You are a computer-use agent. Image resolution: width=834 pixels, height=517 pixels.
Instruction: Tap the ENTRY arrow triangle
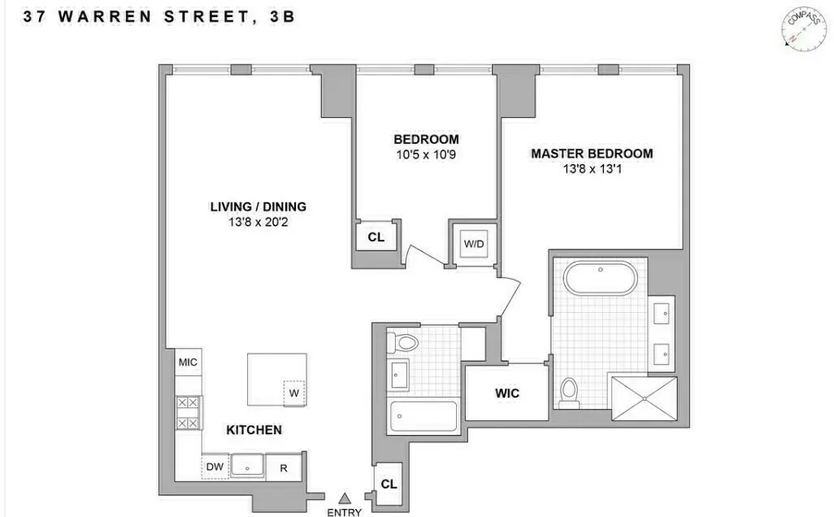pyautogui.click(x=345, y=497)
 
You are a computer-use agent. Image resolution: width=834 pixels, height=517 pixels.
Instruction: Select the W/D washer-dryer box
pyautogui.click(x=473, y=244)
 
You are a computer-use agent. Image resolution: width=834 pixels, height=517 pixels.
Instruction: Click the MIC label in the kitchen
pyautogui.click(x=188, y=363)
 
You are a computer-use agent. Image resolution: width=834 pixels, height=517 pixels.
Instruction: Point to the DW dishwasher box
pyautogui.click(x=215, y=467)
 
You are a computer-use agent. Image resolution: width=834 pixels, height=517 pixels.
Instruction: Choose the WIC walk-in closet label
pyautogui.click(x=507, y=393)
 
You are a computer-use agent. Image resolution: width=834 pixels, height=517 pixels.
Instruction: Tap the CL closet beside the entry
pyautogui.click(x=389, y=484)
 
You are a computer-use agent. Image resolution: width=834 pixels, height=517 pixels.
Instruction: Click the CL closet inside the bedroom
pyautogui.click(x=376, y=237)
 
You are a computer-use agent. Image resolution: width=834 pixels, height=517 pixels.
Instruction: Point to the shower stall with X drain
pyautogui.click(x=643, y=398)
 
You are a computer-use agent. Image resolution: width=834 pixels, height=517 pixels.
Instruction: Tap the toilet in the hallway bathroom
pyautogui.click(x=402, y=342)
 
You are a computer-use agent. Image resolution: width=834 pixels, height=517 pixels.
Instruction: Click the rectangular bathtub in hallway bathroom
pyautogui.click(x=423, y=415)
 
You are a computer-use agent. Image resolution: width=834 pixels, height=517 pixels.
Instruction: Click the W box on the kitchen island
pyautogui.click(x=293, y=393)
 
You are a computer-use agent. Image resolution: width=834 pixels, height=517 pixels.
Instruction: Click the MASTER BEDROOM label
pyautogui.click(x=592, y=154)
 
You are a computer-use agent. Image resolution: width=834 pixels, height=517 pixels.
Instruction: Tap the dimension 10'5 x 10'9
pyautogui.click(x=426, y=154)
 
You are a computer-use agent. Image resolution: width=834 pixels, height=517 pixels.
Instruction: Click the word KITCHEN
pyautogui.click(x=254, y=430)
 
